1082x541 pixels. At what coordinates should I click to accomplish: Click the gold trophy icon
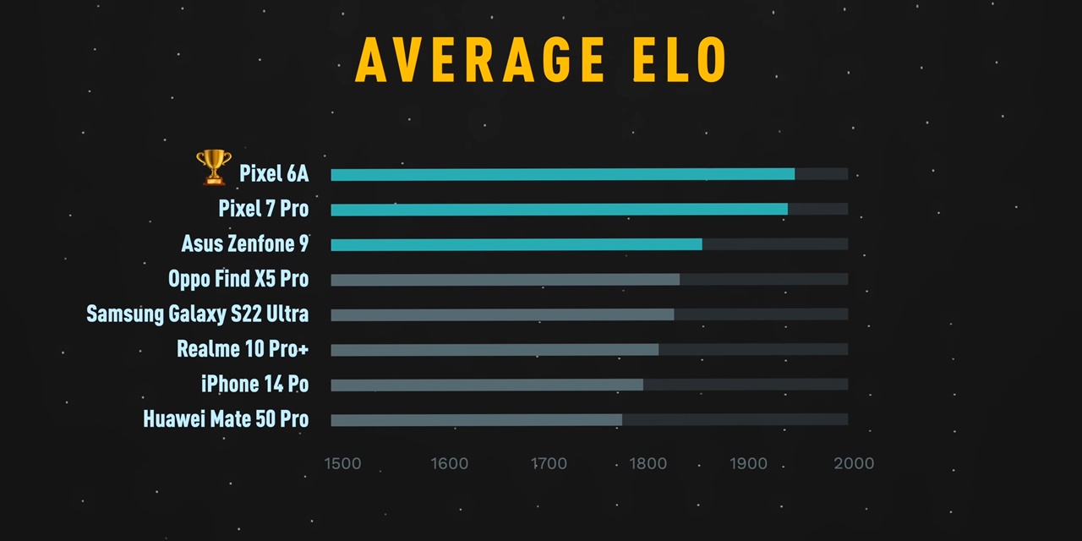pos(213,167)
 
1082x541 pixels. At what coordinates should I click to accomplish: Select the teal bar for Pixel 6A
pos(562,174)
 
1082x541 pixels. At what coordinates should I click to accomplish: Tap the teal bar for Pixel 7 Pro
pos(559,210)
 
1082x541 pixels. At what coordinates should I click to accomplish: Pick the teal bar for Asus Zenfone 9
pos(516,244)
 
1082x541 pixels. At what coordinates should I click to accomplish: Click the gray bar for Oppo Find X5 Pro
pos(505,280)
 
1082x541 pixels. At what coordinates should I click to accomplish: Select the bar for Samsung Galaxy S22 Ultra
pos(502,314)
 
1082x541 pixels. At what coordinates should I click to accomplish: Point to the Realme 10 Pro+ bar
pos(495,350)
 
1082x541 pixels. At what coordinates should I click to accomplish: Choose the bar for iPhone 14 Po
pos(487,385)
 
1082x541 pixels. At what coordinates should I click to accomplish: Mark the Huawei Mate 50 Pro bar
pos(476,420)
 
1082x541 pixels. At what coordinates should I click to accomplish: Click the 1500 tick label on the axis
pos(342,463)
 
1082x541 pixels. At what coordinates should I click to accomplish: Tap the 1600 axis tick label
pos(449,463)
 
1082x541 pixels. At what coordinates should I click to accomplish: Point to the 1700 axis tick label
pos(549,463)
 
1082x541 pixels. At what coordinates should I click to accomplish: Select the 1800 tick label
pos(648,463)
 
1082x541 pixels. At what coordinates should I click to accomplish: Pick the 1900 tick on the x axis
pos(748,463)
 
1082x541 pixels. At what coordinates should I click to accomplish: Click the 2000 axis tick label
pos(854,463)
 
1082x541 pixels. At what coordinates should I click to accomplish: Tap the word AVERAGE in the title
pos(480,60)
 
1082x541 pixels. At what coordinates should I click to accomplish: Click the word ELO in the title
pos(678,60)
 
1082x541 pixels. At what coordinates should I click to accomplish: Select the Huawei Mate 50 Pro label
pos(226,419)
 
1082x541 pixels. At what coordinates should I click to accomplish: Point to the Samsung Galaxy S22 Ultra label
pos(197,314)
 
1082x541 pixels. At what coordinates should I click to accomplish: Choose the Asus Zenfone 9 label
pos(245,244)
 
